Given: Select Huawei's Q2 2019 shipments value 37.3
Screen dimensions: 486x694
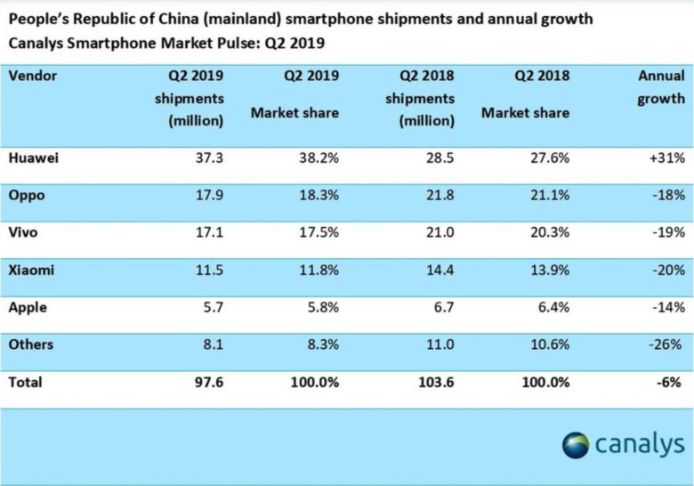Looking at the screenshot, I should point(205,158).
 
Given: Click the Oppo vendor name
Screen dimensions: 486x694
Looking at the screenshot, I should point(27,196).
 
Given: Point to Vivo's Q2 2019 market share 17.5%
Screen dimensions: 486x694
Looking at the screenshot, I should point(317,233).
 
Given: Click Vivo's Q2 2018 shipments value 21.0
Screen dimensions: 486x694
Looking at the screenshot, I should point(437,233).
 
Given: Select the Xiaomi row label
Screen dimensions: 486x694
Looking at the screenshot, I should point(32,271).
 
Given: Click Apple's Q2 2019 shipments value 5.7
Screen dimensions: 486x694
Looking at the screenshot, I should point(209,307).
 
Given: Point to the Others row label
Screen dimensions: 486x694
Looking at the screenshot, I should point(31,344).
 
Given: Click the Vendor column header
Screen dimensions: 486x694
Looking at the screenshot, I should point(33,76).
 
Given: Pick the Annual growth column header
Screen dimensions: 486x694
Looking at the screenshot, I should point(660,87).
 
